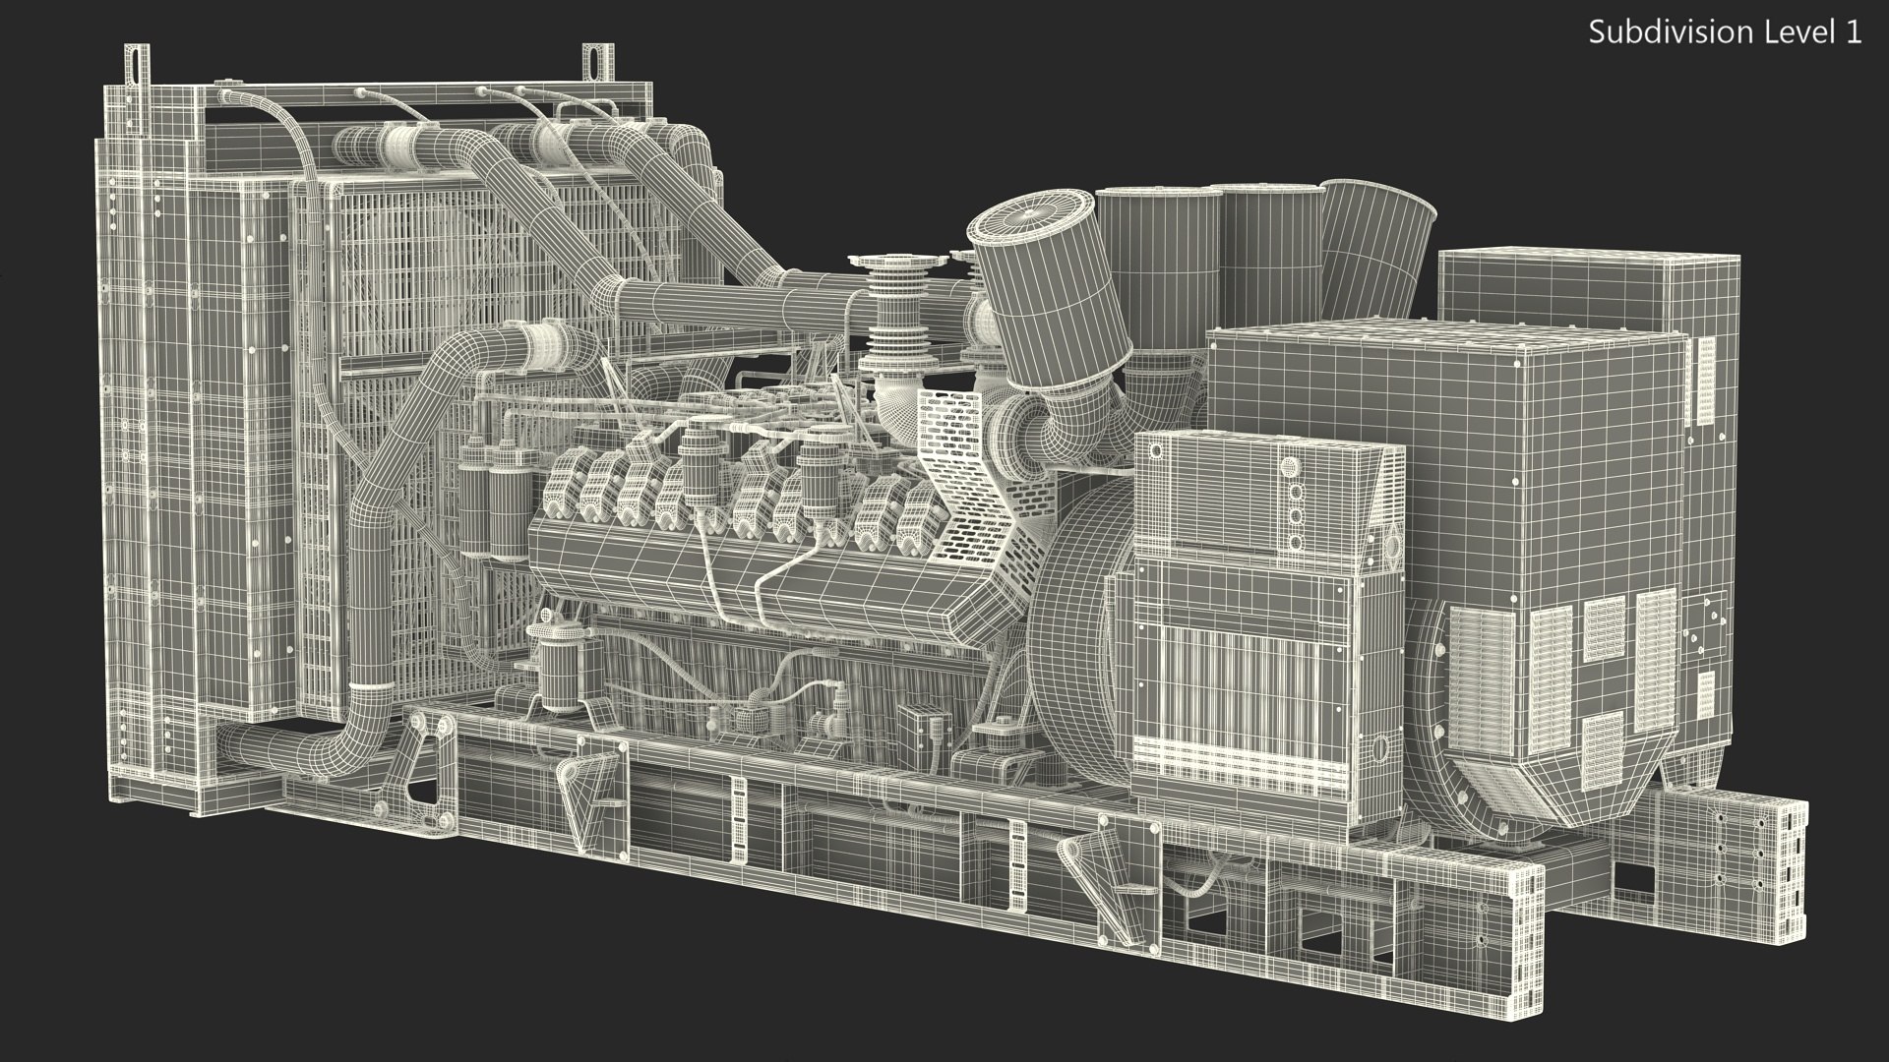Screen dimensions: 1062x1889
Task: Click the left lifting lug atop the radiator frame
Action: coord(136,65)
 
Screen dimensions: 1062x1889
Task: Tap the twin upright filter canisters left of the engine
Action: coord(492,511)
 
